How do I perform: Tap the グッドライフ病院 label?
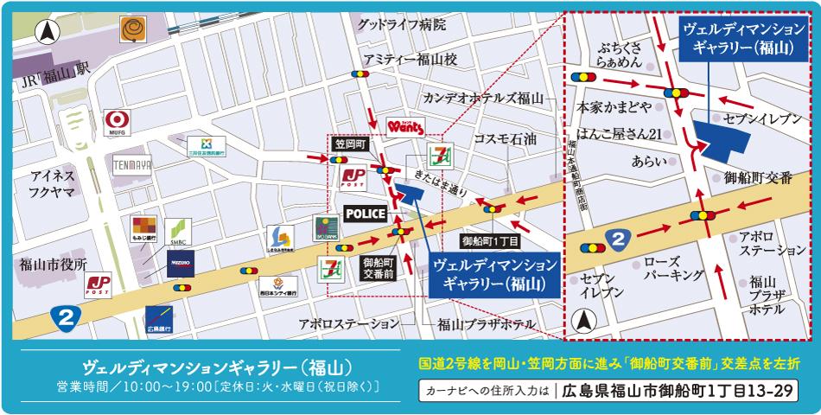pos(403,26)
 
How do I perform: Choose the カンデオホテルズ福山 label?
pos(482,97)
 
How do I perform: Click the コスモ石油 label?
pos(505,138)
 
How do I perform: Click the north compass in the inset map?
pos(585,322)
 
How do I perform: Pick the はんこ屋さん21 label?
pos(620,133)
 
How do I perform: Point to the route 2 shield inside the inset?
pos(616,239)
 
